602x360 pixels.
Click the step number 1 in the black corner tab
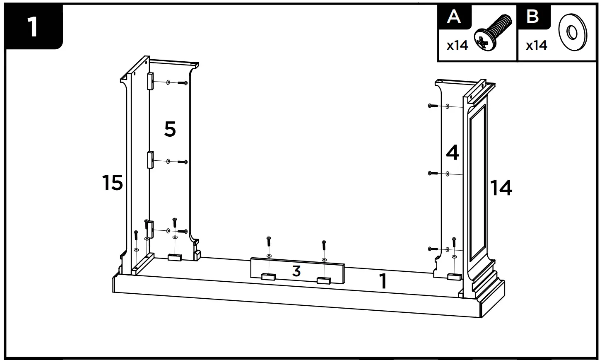32,27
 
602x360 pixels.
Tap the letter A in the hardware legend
454,17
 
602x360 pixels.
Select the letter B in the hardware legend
532,17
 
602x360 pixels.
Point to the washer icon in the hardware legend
573,32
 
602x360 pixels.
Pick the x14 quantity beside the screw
457,45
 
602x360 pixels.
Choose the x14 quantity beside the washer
536,45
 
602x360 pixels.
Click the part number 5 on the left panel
170,130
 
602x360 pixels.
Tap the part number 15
113,183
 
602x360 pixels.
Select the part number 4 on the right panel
453,153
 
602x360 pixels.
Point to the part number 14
501,188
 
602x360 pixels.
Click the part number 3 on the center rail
296,271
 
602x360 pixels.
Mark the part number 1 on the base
383,281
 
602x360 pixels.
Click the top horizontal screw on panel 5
183,83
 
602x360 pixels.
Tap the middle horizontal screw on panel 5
183,162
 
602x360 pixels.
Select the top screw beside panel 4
433,106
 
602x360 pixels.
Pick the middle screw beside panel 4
433,173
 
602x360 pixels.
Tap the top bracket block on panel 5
150,81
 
